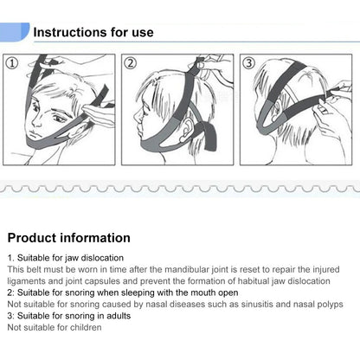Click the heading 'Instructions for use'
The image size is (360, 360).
[x=93, y=32]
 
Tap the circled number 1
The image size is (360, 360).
[x=12, y=63]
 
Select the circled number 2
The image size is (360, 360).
[x=131, y=63]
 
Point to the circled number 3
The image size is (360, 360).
[x=249, y=63]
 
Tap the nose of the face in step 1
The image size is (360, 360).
[x=36, y=120]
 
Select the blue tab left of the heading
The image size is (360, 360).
[x=15, y=32]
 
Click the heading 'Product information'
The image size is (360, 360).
[x=69, y=238]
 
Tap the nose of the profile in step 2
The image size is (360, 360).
[x=137, y=116]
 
